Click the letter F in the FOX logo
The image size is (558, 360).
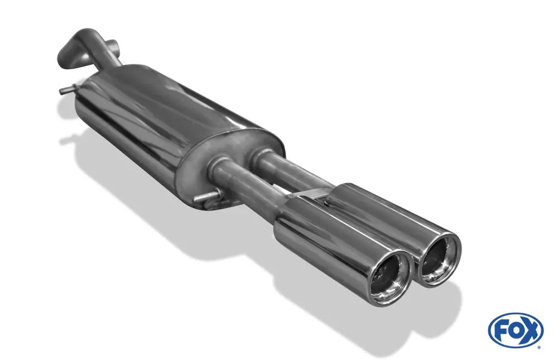pyautogui.click(x=501, y=330)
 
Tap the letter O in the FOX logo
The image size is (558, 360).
pyautogui.click(x=515, y=330)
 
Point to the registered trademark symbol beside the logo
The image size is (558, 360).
pyautogui.click(x=538, y=347)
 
